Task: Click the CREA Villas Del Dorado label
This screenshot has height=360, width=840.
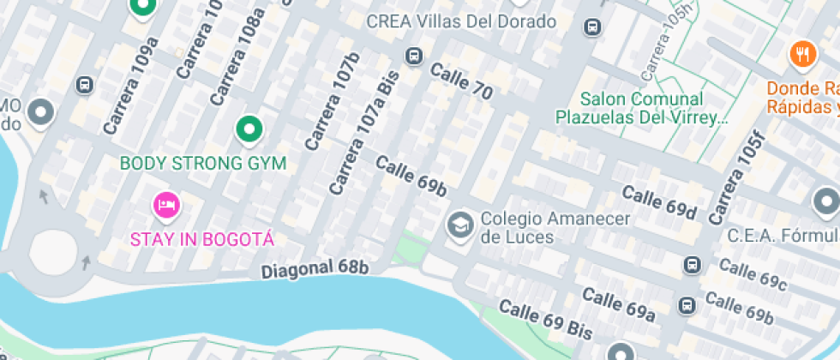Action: coord(461,21)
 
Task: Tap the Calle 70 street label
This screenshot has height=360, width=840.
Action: coord(461,82)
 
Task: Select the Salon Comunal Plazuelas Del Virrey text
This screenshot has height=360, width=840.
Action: coord(641,108)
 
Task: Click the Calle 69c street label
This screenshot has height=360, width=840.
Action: coord(753,273)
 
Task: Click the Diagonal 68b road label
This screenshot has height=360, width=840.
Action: coord(315,268)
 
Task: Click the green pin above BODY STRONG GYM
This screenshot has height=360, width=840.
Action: coord(249,129)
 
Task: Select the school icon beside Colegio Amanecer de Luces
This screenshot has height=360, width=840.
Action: coord(460,225)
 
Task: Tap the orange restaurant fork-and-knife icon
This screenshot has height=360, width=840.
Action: coord(801,54)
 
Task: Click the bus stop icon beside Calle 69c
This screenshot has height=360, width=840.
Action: coord(692,265)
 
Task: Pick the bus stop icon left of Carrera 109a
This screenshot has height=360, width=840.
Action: coord(84,85)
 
